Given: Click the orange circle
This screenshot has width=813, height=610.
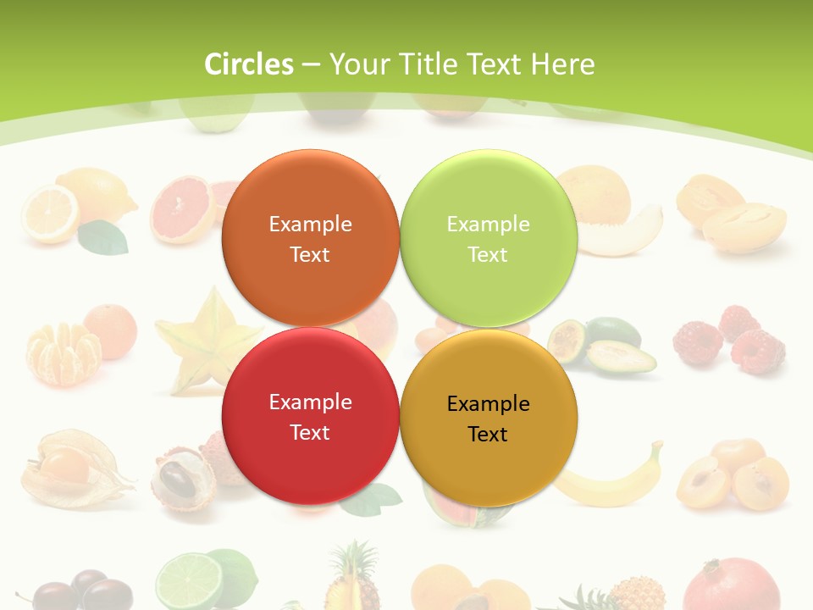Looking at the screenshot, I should click(310, 238).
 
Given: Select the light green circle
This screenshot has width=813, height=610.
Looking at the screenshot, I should click(488, 238).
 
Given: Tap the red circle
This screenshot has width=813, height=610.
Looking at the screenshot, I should click(310, 416).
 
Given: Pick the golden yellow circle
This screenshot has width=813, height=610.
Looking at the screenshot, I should click(488, 418).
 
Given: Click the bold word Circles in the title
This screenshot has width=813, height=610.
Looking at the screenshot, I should click(249, 64).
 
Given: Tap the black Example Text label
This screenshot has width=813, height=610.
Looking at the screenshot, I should click(488, 419).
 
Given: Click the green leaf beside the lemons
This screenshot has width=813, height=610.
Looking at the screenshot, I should click(103, 238).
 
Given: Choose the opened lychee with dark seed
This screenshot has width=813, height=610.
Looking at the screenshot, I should click(182, 481).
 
